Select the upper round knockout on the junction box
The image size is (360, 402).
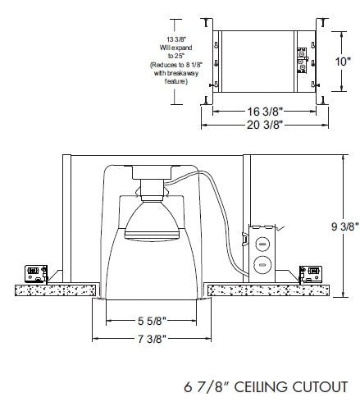point(262,244)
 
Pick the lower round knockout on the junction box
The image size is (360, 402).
point(262,264)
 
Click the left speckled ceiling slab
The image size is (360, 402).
point(53,290)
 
